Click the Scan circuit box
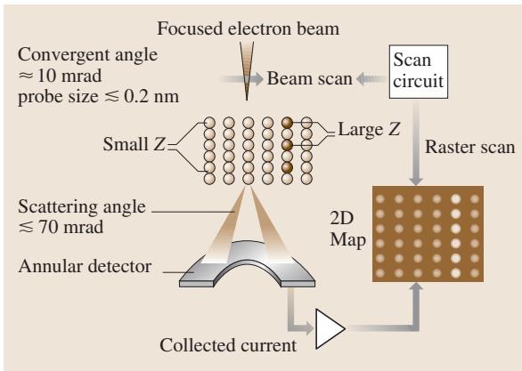point(419,72)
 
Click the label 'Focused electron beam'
point(248,28)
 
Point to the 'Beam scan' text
point(310,79)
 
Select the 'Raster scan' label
point(469,147)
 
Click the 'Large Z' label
point(369,129)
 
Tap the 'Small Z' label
point(134,144)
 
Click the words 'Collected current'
point(228,345)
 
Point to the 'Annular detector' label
point(85,266)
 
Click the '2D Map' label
point(347,229)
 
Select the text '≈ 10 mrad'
point(60,77)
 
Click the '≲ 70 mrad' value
point(61,227)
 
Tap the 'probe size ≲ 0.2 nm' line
point(99,97)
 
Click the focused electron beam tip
point(247,100)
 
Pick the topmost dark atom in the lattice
point(287,123)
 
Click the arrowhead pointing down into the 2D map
point(416,181)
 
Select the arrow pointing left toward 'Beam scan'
point(371,79)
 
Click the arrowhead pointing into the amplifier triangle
point(308,328)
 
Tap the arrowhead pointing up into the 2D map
point(416,287)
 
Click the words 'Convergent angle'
point(87,55)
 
